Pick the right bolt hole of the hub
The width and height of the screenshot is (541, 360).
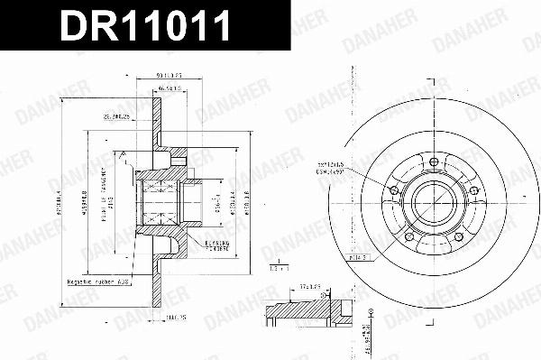pos(474,189)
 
